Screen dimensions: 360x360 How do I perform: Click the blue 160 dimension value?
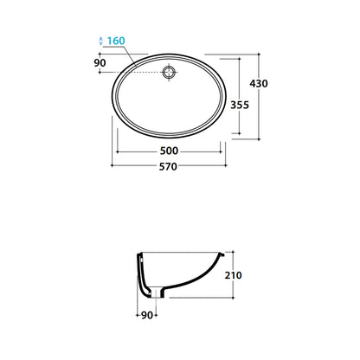tap(116, 41)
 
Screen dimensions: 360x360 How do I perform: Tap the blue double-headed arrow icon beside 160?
tap(100, 41)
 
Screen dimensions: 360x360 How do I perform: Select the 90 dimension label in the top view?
tap(100, 62)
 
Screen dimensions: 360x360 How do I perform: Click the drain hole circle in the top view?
tap(169, 72)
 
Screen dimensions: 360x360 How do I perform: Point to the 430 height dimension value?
tap(259, 84)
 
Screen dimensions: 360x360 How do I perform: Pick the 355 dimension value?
tap(240, 105)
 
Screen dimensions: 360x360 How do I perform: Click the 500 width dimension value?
tap(169, 151)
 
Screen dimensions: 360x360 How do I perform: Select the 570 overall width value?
tap(168, 167)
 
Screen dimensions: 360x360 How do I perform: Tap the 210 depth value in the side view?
tap(233, 275)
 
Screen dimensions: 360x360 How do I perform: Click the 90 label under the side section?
tap(147, 315)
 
